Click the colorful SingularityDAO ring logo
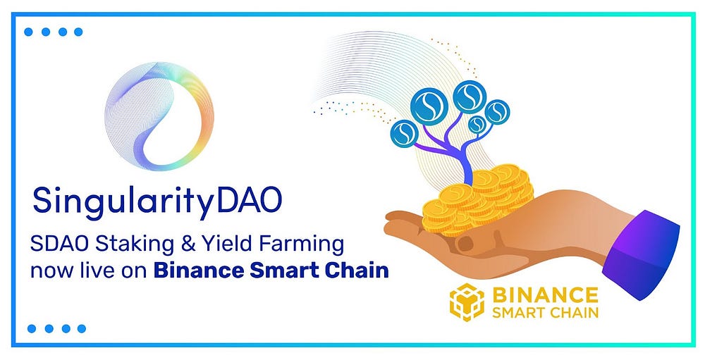pos(159,116)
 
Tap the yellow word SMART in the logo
pos(519,311)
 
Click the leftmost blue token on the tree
pos(405,132)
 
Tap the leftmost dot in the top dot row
pos(27,32)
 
